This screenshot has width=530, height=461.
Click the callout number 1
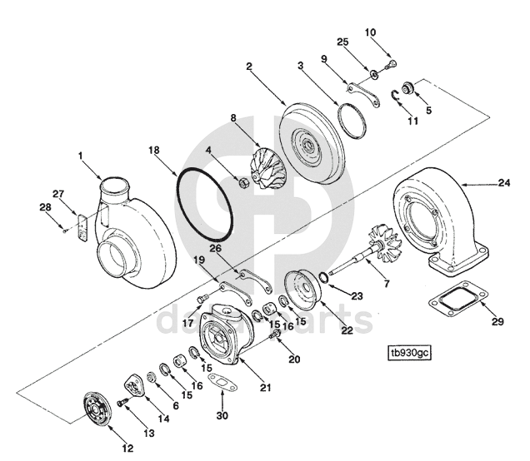[82, 156]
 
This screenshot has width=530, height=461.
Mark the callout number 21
[265, 388]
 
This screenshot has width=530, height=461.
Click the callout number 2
[249, 66]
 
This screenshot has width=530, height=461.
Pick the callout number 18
[153, 150]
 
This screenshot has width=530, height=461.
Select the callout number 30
[222, 416]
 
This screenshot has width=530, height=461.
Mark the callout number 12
[127, 449]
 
